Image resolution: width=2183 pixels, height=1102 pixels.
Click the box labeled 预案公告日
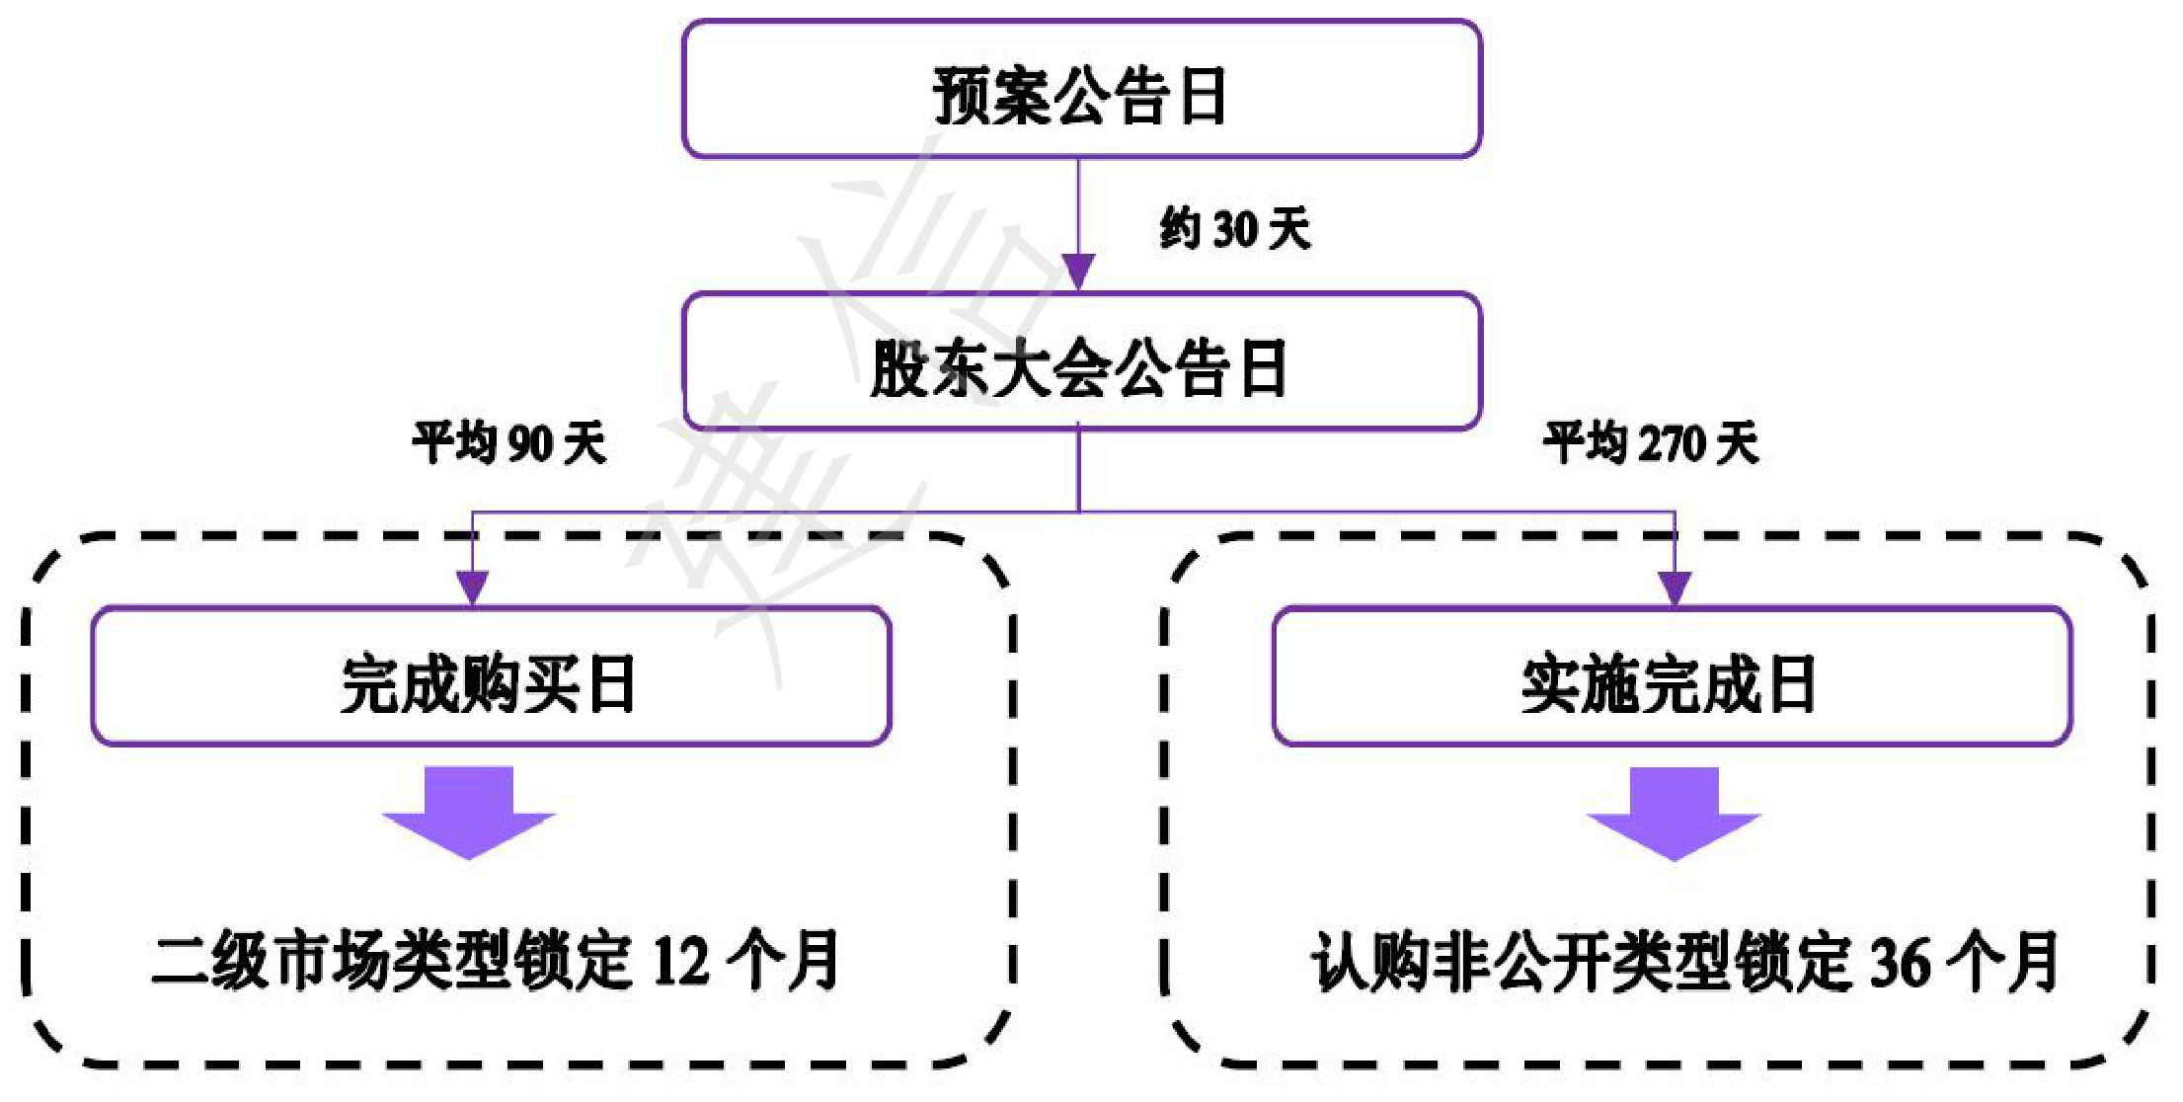click(1081, 89)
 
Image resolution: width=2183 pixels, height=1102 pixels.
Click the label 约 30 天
click(1235, 229)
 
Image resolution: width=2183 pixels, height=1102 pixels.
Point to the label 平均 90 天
click(508, 442)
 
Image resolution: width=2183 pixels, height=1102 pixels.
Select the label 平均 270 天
click(1651, 442)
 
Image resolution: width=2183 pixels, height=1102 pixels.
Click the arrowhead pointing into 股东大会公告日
click(1078, 271)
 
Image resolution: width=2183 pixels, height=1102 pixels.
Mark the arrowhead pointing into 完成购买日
click(473, 588)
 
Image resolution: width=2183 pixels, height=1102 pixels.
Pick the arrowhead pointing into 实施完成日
click(1675, 588)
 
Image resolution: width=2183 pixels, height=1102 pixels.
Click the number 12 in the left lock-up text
click(680, 961)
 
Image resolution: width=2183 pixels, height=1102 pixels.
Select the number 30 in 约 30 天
click(1234, 230)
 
